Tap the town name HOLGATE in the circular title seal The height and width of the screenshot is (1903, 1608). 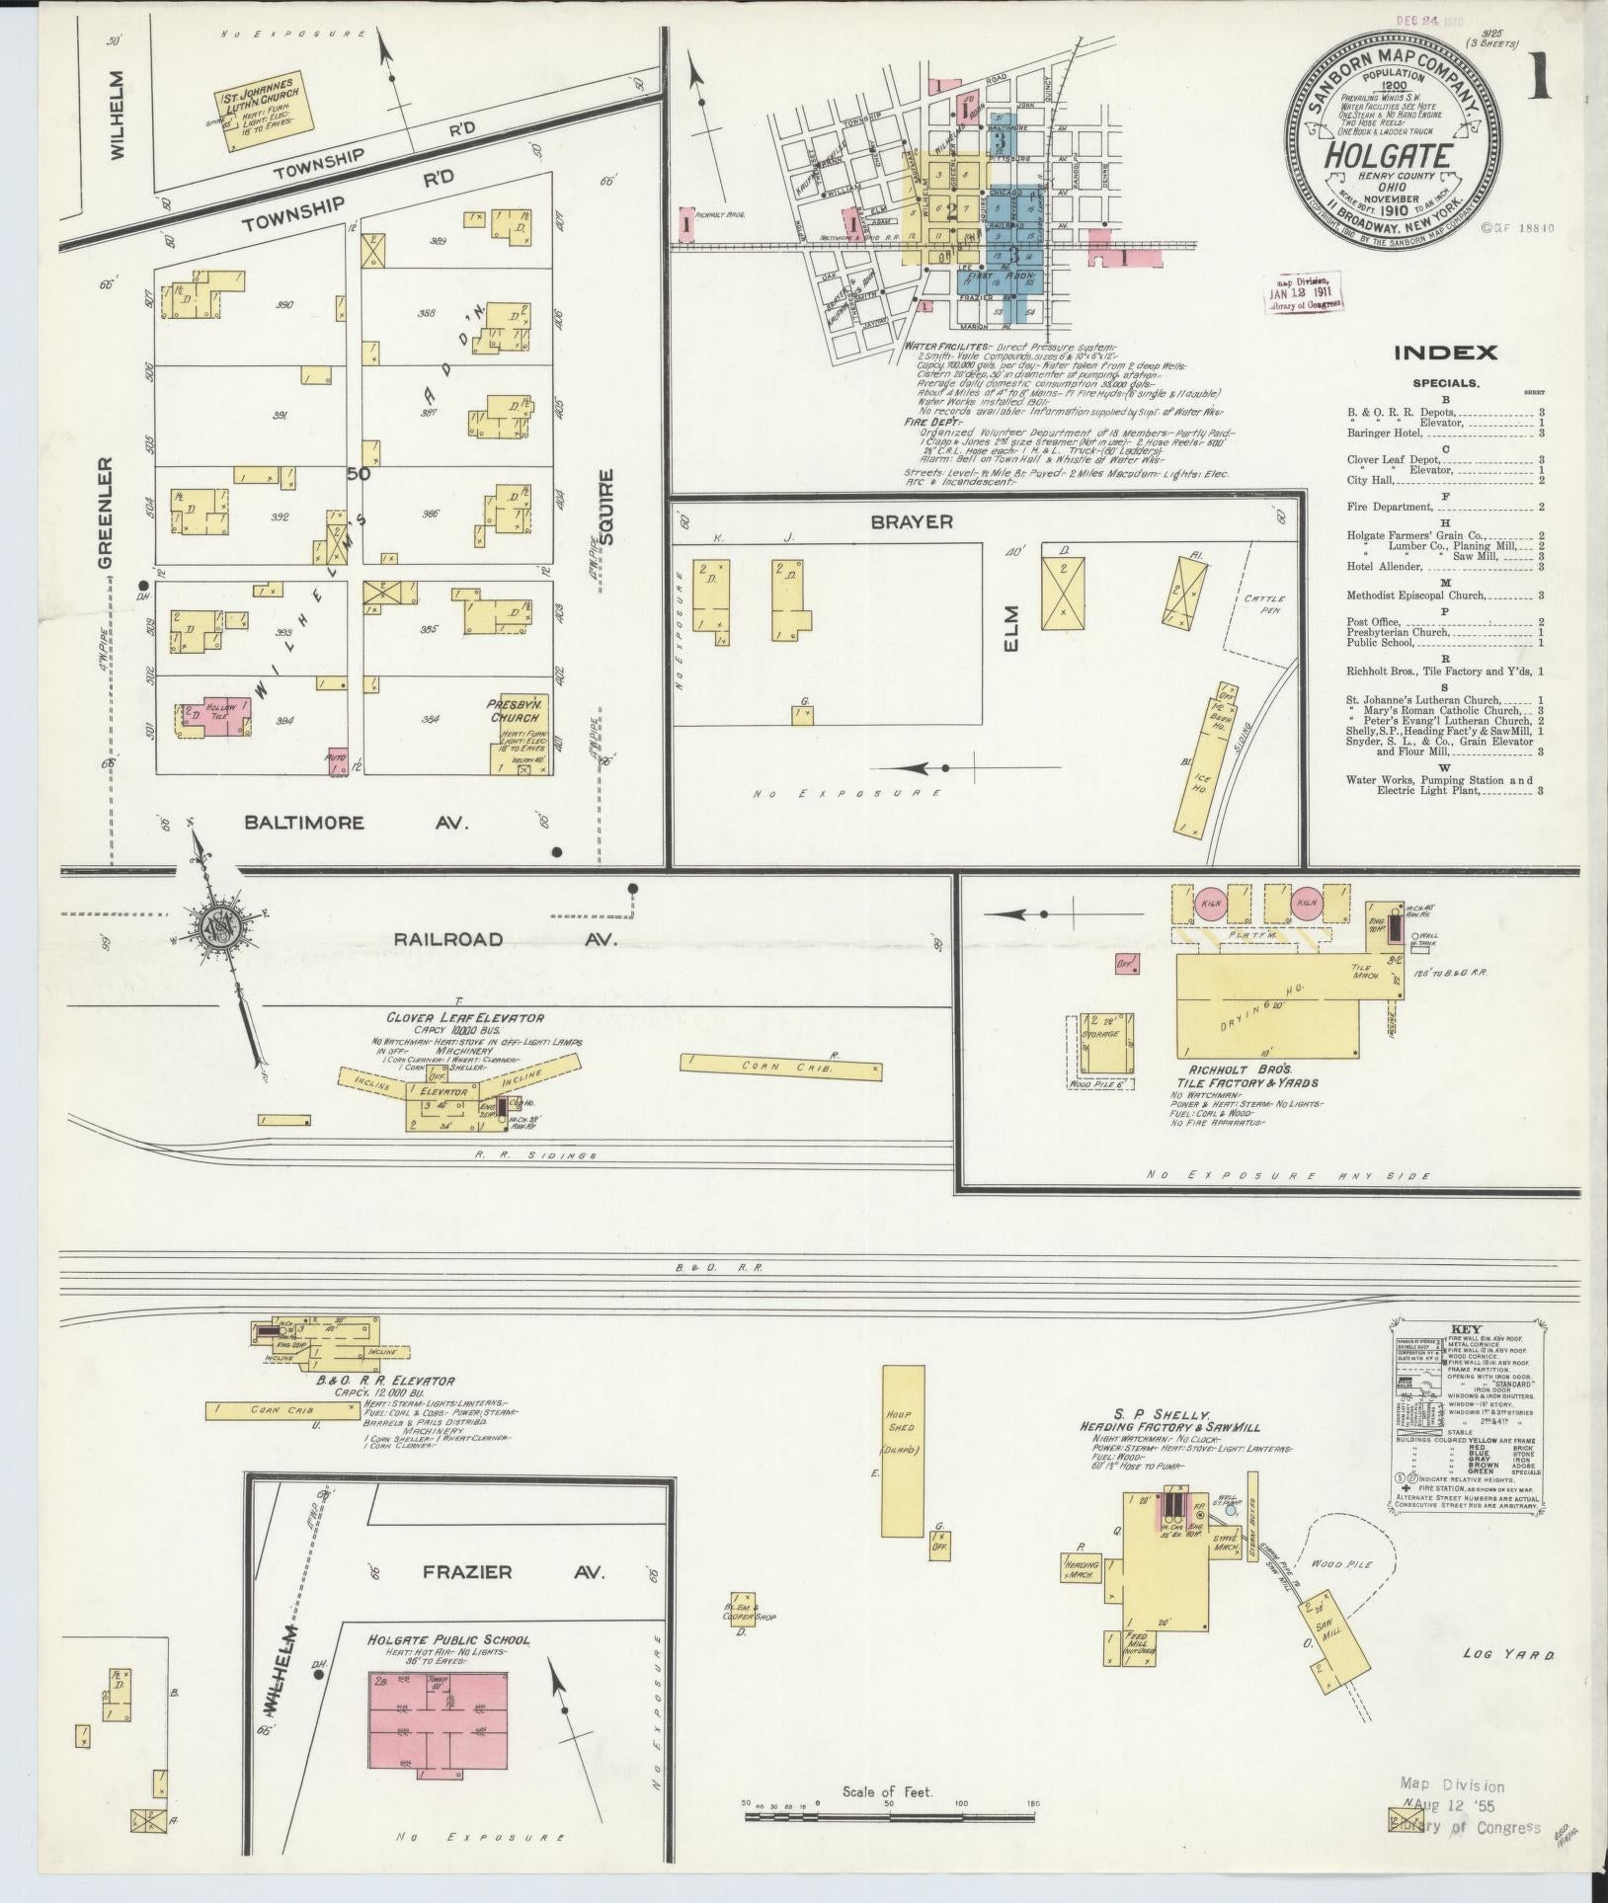coord(1387,156)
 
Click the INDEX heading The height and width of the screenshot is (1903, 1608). coord(1445,353)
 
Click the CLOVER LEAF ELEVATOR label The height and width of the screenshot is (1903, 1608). coord(466,1017)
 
